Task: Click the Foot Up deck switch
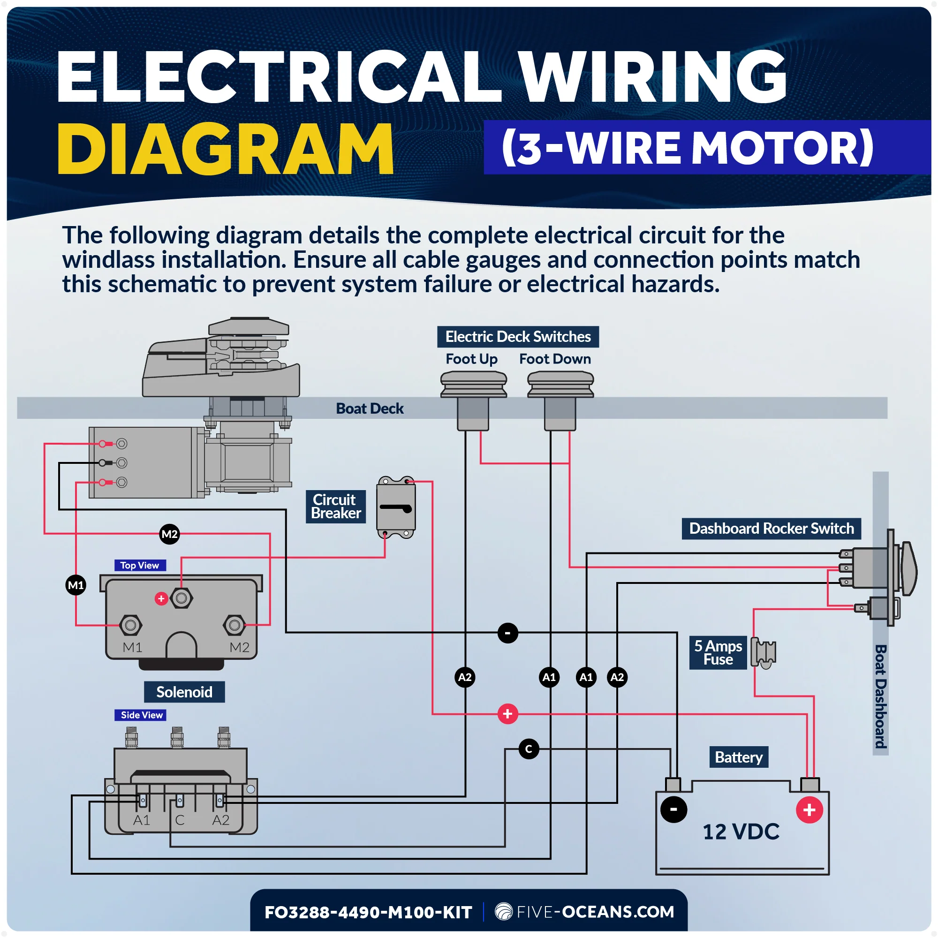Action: tap(473, 400)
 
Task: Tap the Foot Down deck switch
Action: tap(560, 400)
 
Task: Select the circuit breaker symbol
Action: tap(396, 507)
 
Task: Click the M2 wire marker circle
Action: tap(169, 534)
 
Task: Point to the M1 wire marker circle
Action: tap(76, 585)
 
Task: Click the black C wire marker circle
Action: tap(529, 749)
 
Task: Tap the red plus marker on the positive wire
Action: tap(508, 714)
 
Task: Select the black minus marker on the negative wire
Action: tap(508, 633)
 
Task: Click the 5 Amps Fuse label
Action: tap(718, 652)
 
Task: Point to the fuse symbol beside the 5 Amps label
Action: tap(763, 652)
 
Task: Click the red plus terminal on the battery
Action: tap(809, 810)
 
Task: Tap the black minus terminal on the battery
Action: tap(674, 809)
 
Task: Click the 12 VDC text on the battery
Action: tap(741, 832)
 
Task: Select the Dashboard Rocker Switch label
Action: tap(772, 528)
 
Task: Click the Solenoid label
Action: tap(184, 691)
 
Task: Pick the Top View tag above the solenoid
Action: tap(140, 565)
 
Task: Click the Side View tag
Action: tap(141, 715)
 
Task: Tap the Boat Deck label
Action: tap(370, 408)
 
